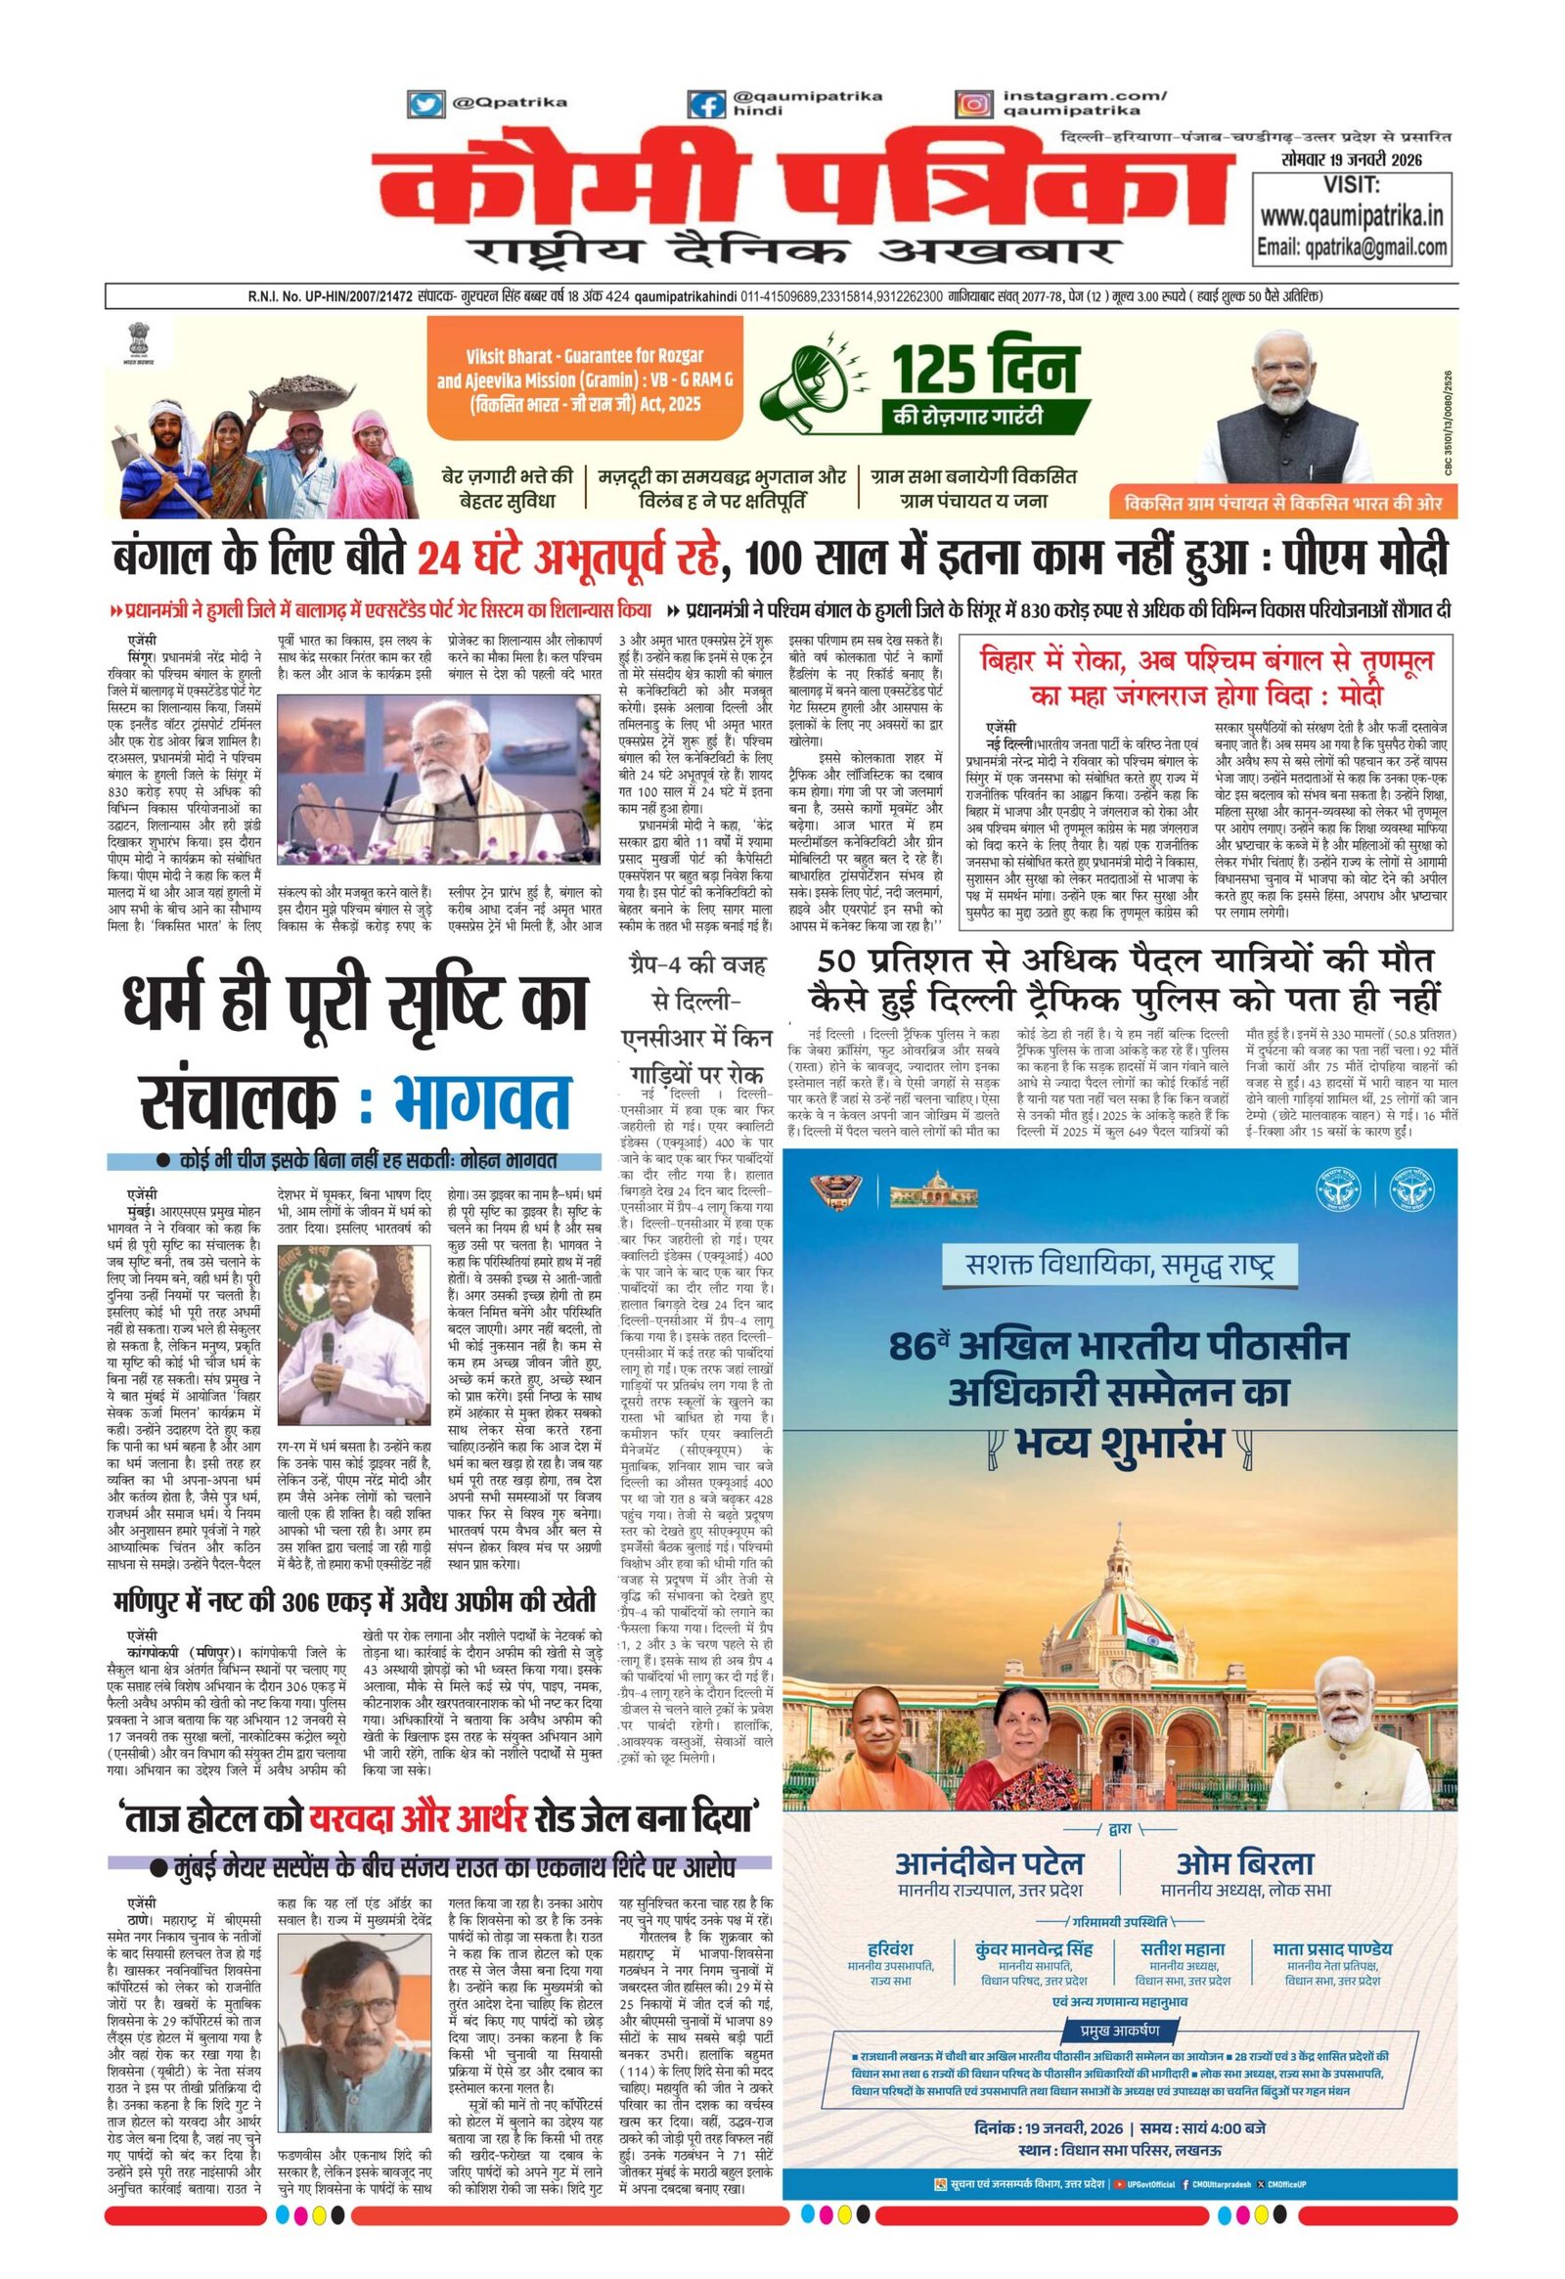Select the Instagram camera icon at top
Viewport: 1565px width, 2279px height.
coord(973,105)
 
